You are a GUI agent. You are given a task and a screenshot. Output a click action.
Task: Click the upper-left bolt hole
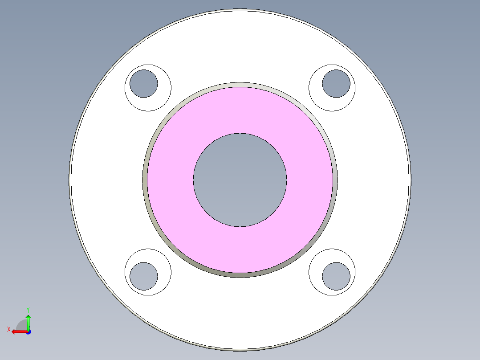click(143, 83)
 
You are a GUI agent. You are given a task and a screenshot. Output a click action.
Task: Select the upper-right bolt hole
click(336, 83)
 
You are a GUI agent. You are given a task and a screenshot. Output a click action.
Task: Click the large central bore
click(240, 180)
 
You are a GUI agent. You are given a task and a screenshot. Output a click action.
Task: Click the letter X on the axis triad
click(8, 329)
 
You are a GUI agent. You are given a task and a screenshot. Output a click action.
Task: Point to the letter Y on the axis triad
click(28, 309)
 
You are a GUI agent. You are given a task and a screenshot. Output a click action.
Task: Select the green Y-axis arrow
click(28, 321)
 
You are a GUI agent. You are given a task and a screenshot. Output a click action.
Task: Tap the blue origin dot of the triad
click(28, 332)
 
